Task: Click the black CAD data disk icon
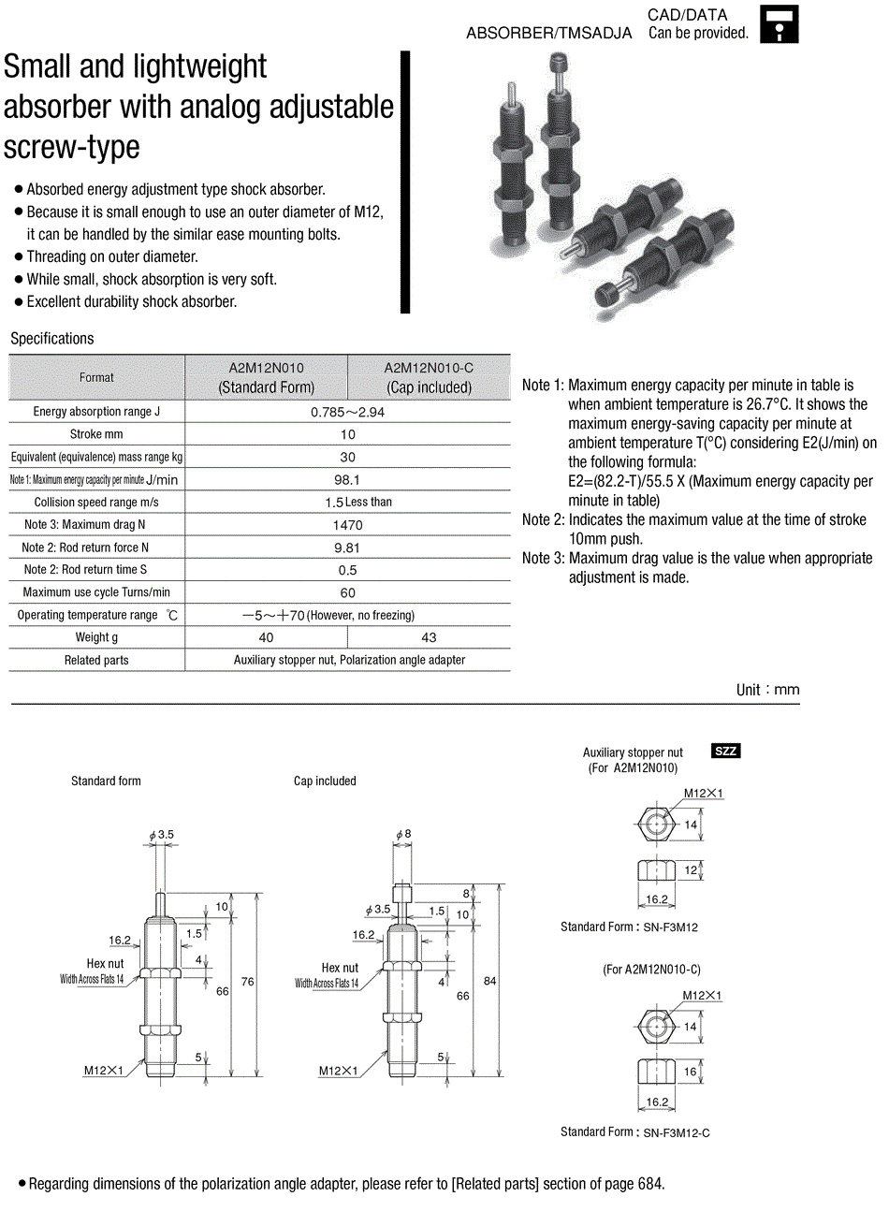(x=779, y=25)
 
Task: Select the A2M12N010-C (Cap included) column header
(x=429, y=378)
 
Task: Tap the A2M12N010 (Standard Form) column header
(x=267, y=378)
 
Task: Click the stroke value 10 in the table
(x=348, y=434)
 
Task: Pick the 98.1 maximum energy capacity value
(x=347, y=479)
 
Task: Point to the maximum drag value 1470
(x=347, y=525)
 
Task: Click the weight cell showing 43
(x=429, y=637)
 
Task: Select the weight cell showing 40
(x=267, y=637)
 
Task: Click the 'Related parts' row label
(x=96, y=660)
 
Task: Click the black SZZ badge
(x=726, y=751)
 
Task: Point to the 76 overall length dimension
(x=247, y=982)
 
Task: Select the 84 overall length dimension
(x=490, y=981)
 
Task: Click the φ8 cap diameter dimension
(x=403, y=834)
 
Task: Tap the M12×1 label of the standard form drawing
(x=104, y=1071)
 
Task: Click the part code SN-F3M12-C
(x=677, y=1132)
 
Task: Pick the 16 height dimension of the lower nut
(x=690, y=1072)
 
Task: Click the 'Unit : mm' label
(x=767, y=690)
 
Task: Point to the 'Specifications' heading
(x=52, y=338)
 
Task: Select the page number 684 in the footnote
(x=650, y=1184)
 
